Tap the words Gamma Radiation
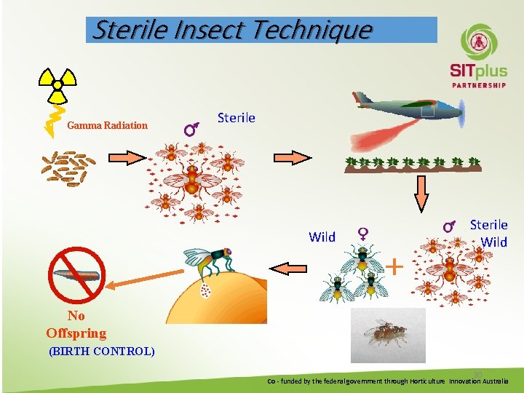(x=107, y=125)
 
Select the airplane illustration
(x=408, y=107)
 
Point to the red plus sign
(x=394, y=266)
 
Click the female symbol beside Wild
(x=362, y=234)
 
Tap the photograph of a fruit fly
(x=388, y=335)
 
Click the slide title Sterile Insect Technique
(x=233, y=30)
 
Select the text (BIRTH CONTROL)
(x=101, y=351)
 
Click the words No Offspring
(x=76, y=325)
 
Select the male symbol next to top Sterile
(x=192, y=130)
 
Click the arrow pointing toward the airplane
(x=291, y=157)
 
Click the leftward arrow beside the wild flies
(x=294, y=268)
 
